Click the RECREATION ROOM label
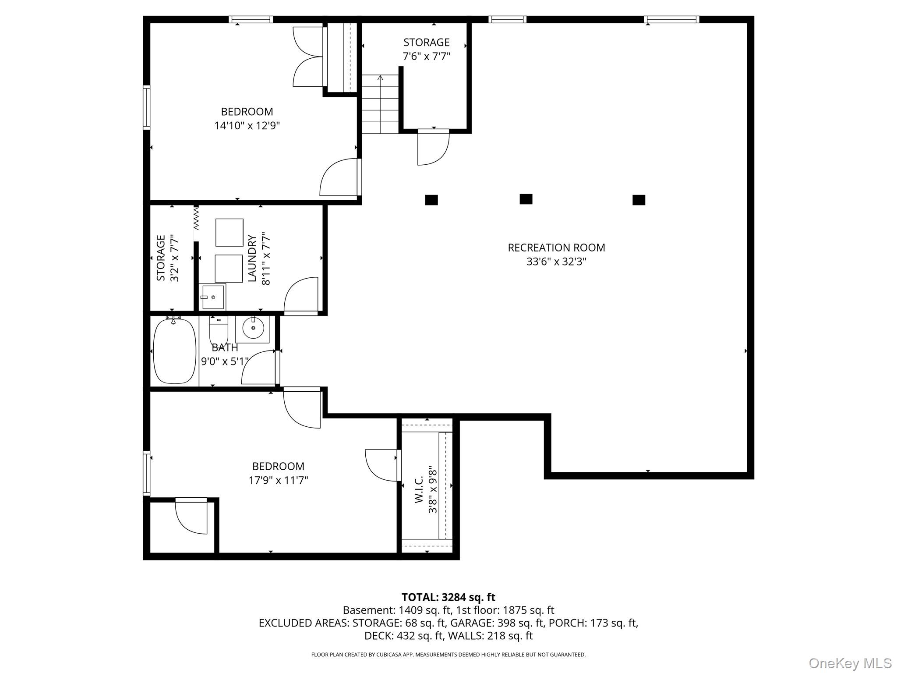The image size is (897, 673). point(556,248)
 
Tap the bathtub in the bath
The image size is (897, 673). point(175,351)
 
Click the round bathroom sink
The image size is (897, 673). point(253,328)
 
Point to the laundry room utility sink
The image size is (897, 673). point(212,297)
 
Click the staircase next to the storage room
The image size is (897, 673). point(380,104)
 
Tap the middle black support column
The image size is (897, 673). point(526,199)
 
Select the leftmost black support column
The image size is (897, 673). point(431,200)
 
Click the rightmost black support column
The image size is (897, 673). point(639,200)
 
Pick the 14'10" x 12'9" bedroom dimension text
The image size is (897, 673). point(247,126)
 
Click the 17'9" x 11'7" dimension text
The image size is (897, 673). point(279,480)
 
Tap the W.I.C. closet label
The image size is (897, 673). point(419,489)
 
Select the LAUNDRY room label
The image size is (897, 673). point(252,258)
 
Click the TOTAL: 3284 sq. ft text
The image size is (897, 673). point(448,597)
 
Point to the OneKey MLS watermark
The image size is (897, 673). point(850,663)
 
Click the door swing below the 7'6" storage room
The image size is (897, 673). point(434,148)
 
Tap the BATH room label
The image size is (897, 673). point(225,348)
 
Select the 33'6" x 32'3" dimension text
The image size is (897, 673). point(556,262)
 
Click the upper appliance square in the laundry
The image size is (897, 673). point(229,233)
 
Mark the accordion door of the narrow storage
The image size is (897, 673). point(196,218)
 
